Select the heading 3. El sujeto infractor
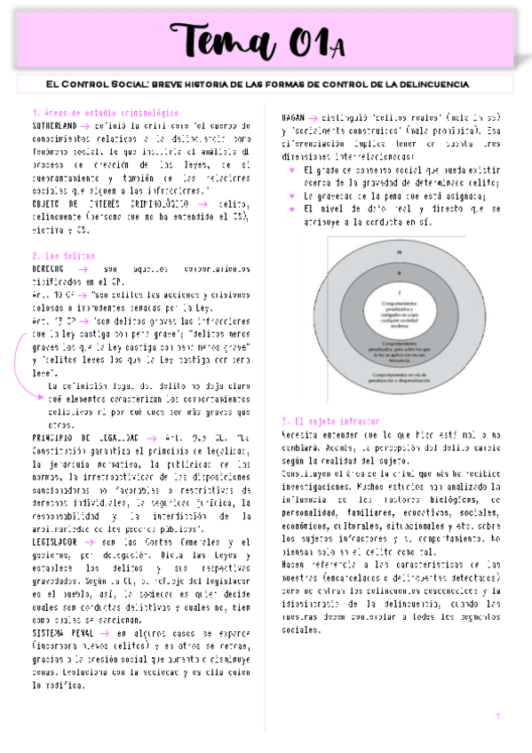click(330, 420)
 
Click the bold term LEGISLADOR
click(54, 541)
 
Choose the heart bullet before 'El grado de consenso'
click(294, 169)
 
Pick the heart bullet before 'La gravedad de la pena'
click(294, 195)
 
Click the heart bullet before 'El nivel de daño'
click(294, 209)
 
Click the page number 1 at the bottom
click(498, 716)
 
